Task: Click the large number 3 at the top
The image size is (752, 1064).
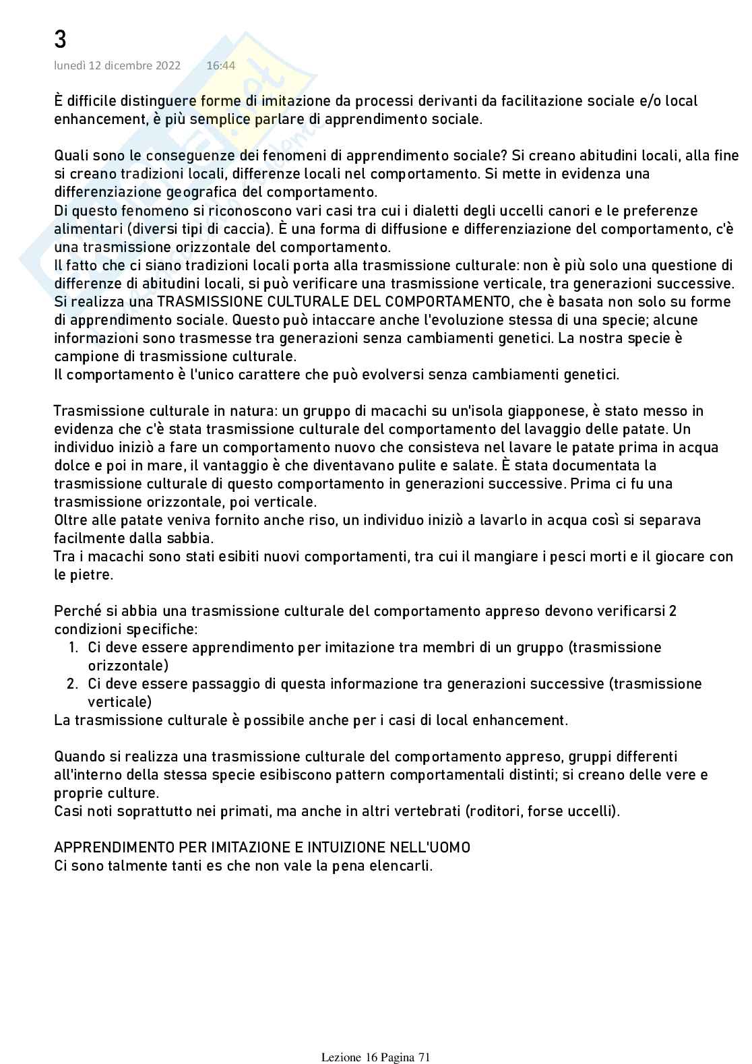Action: pos(60,40)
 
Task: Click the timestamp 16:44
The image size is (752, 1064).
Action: pos(220,65)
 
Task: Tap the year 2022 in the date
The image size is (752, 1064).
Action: pos(166,65)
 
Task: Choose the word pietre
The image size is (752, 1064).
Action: pos(94,575)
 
